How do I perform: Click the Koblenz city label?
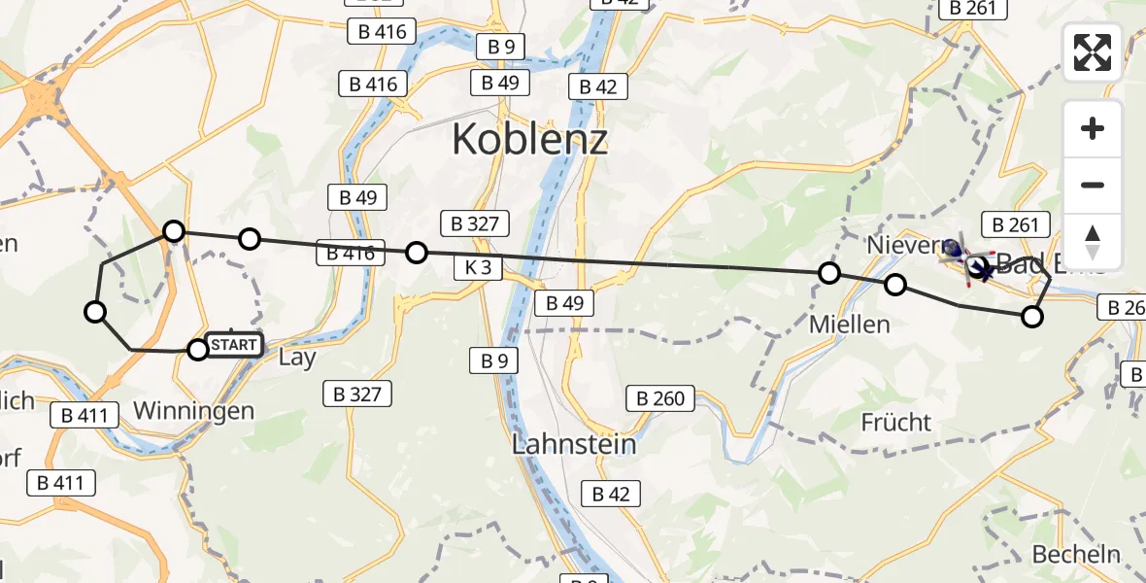530,141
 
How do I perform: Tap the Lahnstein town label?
575,445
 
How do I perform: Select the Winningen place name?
193,411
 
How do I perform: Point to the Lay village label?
296,358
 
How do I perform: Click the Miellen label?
850,325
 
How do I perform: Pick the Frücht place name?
895,423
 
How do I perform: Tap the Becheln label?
1076,555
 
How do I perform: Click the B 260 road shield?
661,397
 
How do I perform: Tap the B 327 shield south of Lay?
357,394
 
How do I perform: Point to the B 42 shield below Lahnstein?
611,494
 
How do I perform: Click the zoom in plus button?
1093,129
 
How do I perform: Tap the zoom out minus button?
1093,185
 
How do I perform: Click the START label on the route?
233,345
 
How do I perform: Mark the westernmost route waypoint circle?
95,312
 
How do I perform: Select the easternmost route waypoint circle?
1032,316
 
